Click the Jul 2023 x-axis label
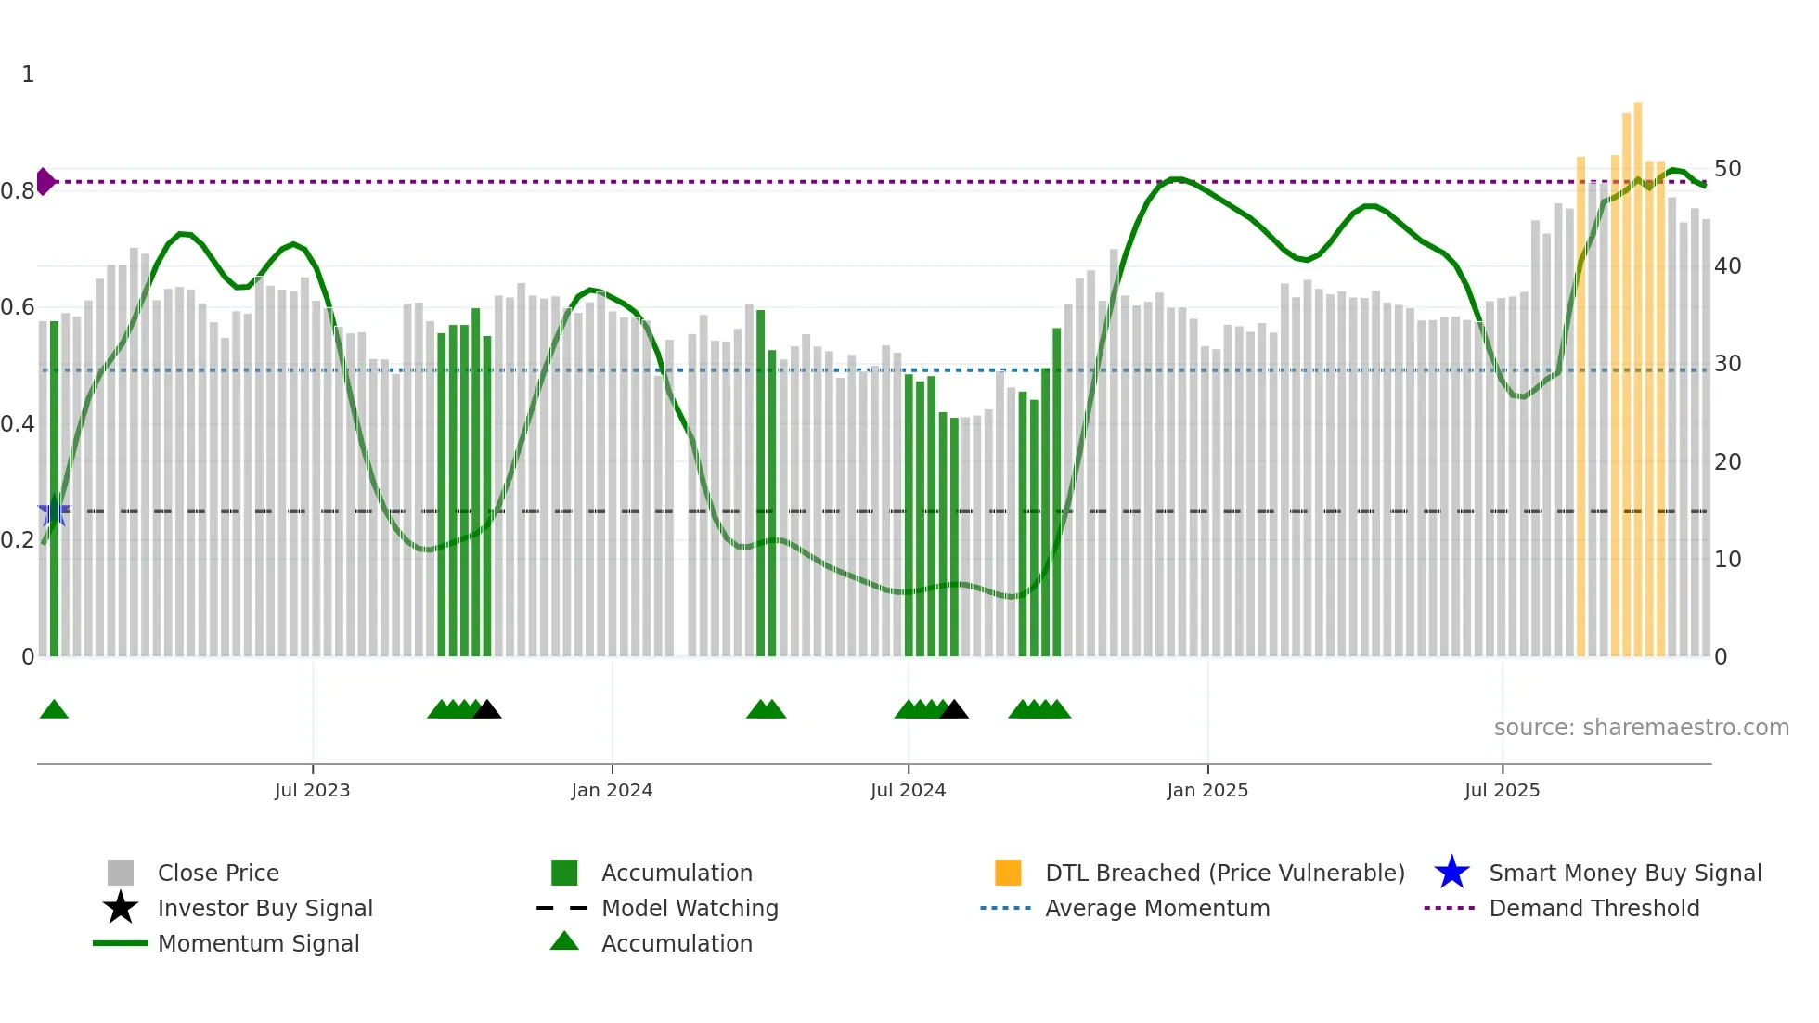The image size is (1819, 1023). (x=312, y=790)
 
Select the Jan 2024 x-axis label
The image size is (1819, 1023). (x=612, y=790)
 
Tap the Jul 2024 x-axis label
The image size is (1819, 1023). (x=908, y=790)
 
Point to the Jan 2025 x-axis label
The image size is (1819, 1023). (x=1207, y=790)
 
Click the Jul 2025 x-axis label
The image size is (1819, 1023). (x=1502, y=790)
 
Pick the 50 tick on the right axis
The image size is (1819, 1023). (x=1727, y=169)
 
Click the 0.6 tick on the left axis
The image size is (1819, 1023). (x=18, y=307)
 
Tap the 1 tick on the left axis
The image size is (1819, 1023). (x=28, y=74)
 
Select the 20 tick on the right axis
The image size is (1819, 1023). (x=1727, y=462)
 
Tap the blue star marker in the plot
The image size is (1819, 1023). (x=54, y=511)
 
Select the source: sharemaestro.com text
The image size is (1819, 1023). (x=1641, y=728)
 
